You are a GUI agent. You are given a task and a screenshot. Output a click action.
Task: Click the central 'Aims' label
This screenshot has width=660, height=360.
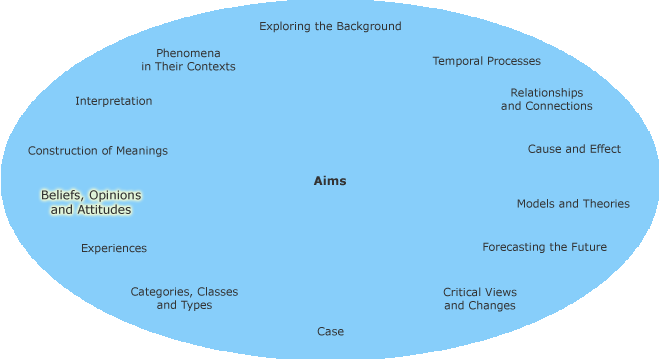[330, 181]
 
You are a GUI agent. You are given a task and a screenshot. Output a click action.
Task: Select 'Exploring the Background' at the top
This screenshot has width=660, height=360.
[330, 26]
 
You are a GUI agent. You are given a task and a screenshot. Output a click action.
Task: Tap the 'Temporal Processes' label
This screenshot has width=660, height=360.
[486, 61]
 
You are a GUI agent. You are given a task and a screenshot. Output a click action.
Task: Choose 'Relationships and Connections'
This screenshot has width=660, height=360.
[546, 99]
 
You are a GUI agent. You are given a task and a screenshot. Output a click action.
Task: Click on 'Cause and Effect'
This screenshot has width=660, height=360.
[574, 149]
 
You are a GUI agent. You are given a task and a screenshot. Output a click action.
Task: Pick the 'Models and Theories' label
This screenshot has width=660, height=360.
[573, 203]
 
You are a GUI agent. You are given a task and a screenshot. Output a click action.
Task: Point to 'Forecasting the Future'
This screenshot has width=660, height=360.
[544, 247]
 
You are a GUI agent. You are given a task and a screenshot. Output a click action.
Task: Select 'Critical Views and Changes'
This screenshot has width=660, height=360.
[480, 298]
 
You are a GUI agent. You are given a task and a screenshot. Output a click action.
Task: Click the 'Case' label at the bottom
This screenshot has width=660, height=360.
[330, 331]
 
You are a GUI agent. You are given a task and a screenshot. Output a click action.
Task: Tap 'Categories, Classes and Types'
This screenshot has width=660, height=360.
[184, 298]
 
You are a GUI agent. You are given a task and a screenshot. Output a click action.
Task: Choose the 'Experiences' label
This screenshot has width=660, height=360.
[114, 248]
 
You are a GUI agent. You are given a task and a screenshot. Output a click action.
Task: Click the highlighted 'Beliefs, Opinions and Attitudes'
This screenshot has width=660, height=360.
[91, 202]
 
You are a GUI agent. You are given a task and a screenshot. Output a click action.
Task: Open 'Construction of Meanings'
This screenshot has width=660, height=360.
[98, 151]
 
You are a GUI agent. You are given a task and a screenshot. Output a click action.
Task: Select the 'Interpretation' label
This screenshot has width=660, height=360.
[114, 101]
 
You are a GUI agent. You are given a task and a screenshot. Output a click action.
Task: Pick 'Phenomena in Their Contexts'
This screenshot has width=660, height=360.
[188, 59]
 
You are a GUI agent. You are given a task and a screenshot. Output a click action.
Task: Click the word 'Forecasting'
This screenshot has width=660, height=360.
[517, 247]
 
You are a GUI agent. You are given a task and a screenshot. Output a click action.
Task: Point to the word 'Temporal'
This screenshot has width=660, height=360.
[457, 61]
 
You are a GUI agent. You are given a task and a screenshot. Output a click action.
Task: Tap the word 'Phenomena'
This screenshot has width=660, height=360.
[188, 52]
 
